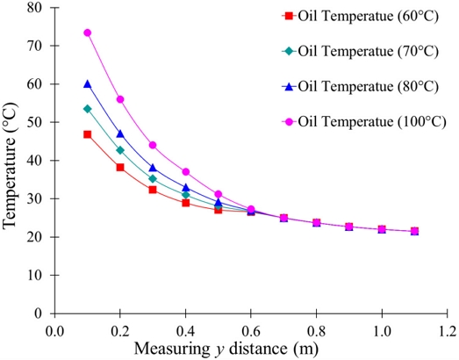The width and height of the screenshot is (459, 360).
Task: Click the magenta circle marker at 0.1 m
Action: [87, 32]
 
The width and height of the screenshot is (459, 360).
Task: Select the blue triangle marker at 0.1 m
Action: [87, 84]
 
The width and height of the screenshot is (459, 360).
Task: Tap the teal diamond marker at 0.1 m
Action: [87, 109]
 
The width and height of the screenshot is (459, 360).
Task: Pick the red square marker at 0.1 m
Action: [87, 134]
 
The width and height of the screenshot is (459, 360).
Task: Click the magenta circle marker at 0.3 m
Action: [153, 145]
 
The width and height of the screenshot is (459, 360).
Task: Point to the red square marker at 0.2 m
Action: [120, 167]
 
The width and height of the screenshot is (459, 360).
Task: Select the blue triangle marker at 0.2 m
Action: [120, 134]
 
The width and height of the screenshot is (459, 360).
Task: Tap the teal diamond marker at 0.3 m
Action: [153, 178]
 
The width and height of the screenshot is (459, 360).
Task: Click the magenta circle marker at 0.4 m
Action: [185, 171]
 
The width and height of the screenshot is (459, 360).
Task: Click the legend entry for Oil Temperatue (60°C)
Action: [361, 17]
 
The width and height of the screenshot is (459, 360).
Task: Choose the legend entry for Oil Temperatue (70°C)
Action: [361, 52]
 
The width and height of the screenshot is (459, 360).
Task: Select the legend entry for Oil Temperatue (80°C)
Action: [361, 86]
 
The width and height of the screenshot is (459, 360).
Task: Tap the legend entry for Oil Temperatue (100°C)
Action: [364, 121]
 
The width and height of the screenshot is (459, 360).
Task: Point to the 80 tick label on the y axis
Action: [35, 8]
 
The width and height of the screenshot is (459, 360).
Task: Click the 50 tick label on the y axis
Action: [35, 122]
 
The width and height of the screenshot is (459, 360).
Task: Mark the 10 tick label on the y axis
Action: [35, 275]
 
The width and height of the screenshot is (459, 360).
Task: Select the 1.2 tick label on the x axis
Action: [447, 332]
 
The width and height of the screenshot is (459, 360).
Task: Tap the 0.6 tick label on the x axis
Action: [251, 332]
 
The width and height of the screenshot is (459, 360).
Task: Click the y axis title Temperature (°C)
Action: [10, 165]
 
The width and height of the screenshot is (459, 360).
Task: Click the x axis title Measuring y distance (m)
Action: [226, 349]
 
